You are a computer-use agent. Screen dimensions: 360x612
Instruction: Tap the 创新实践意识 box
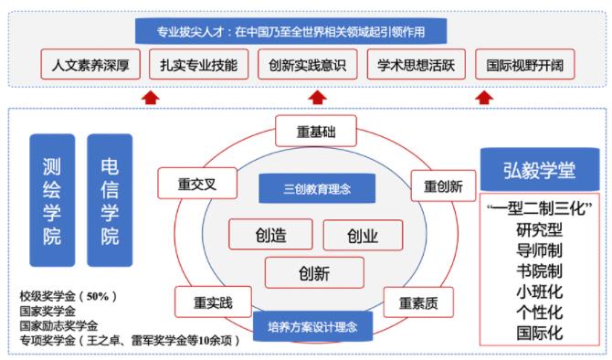point(306,65)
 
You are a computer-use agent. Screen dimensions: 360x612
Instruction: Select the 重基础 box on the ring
point(316,132)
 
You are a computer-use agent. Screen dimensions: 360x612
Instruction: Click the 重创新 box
point(442,185)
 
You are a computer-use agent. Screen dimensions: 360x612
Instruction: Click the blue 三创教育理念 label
point(316,189)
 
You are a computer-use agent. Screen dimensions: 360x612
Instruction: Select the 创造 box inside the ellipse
point(270,236)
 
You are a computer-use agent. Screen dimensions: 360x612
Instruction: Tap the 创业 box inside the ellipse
point(362,237)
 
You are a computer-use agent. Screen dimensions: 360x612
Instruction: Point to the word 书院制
point(539,270)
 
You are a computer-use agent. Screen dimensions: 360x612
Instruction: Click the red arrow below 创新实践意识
point(316,97)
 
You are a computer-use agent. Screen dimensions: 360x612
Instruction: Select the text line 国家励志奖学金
point(58,325)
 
